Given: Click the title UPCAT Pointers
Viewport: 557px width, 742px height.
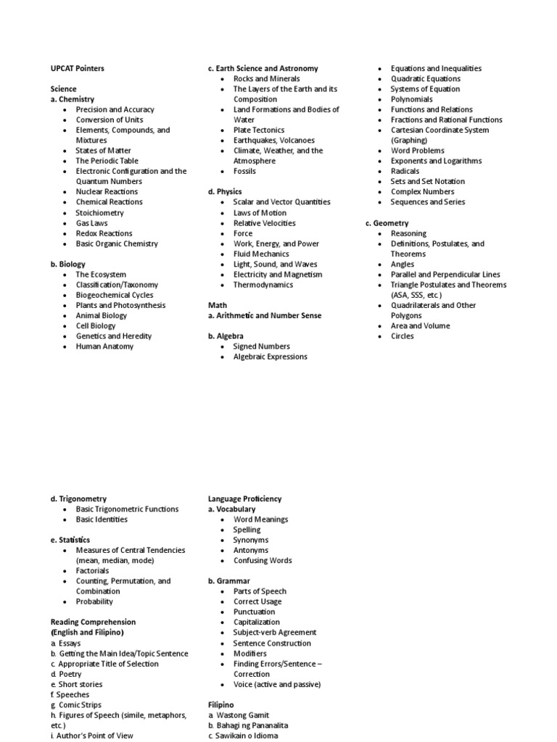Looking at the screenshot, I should point(77,68).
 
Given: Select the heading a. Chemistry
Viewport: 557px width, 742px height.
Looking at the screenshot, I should point(73,99).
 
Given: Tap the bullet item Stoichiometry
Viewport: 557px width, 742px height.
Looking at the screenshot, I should point(99,213).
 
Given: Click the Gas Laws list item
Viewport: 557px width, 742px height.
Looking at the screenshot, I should point(91,223).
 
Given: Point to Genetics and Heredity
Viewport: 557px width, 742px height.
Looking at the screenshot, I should point(114,336).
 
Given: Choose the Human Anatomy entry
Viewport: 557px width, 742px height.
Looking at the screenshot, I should point(104,346).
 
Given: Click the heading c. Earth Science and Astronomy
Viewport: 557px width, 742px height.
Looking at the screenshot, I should point(263,68).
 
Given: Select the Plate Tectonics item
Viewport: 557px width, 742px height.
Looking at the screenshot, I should point(259,130).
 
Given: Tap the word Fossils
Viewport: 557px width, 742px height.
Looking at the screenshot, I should point(244,172).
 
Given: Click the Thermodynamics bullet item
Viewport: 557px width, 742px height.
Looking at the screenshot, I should point(263,285).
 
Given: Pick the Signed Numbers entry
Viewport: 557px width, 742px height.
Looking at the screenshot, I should point(261,346).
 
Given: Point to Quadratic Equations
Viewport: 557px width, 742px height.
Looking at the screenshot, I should point(426,79).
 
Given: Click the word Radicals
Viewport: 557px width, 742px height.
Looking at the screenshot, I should point(406,172).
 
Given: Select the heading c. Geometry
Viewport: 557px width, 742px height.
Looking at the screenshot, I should point(387,223).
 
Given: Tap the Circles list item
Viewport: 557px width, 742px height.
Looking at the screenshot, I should point(403,336).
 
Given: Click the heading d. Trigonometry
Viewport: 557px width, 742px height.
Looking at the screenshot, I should point(78,499).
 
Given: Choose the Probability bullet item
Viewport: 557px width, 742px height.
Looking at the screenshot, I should point(94,601).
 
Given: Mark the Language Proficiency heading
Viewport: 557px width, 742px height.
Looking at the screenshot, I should point(244,499).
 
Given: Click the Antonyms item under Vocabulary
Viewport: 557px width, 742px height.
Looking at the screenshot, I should point(250,550).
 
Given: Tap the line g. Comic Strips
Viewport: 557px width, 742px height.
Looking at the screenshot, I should point(76,704).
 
